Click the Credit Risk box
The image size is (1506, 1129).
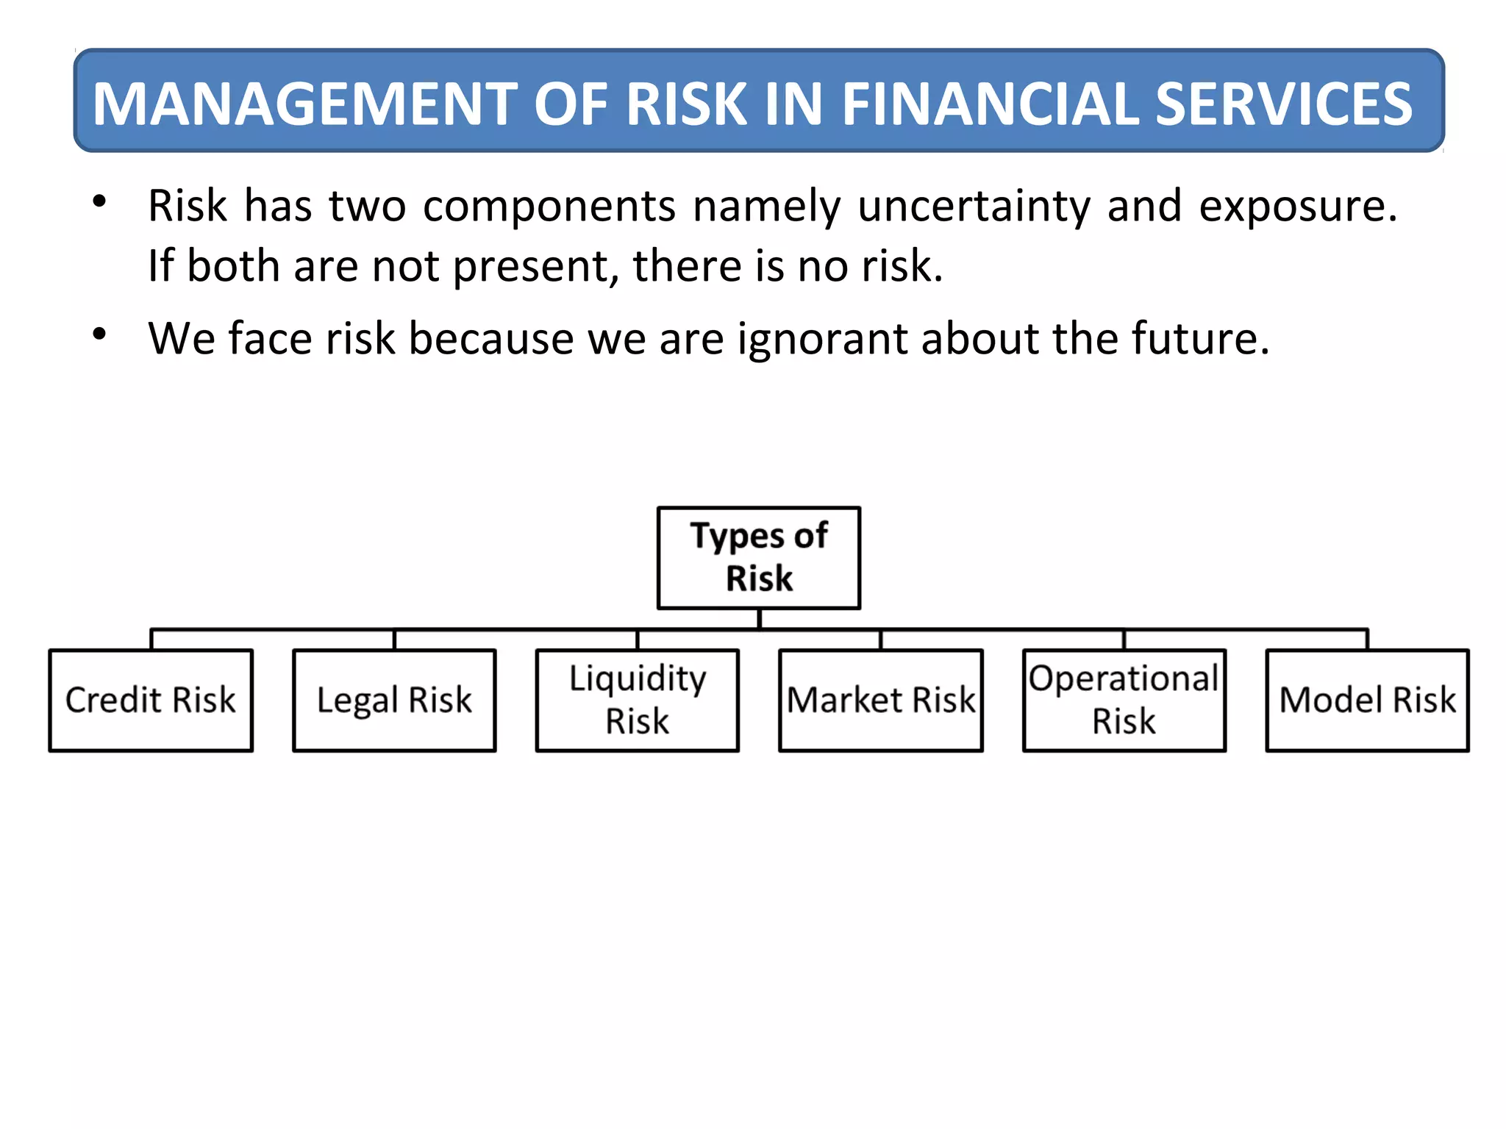(151, 700)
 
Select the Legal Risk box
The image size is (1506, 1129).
(394, 700)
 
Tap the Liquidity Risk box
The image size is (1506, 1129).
(638, 700)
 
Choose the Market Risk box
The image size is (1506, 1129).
(881, 700)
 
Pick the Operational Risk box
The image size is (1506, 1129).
(1124, 700)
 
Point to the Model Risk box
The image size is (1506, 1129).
(1367, 700)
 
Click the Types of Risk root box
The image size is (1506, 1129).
(759, 557)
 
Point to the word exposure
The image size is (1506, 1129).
(1297, 206)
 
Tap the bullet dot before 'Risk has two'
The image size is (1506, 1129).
(99, 201)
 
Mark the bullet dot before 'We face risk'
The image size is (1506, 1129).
(99, 334)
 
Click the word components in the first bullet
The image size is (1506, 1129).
(549, 206)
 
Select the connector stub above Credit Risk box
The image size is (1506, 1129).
(151, 639)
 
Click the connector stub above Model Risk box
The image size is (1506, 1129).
(1367, 639)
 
